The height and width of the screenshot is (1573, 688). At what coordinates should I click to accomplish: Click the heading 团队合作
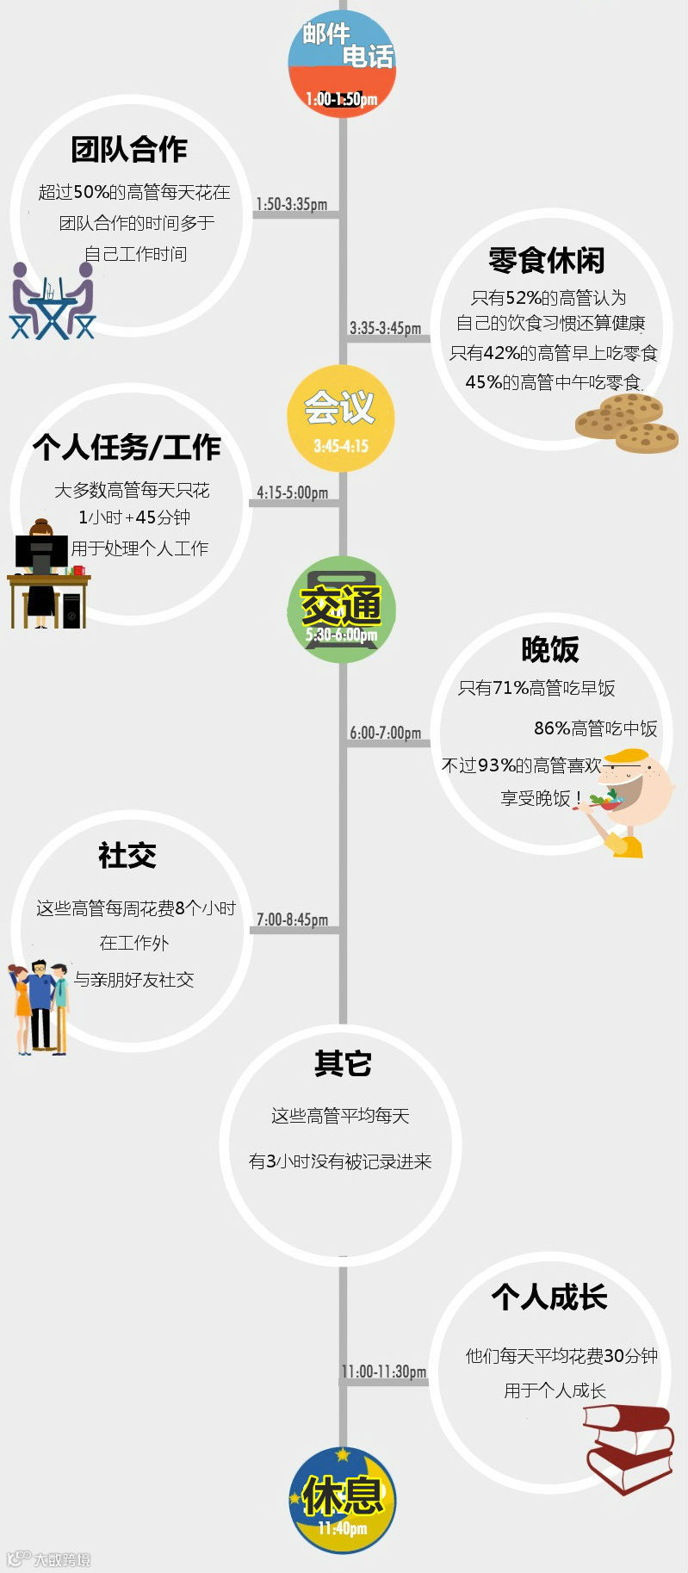pos(129,149)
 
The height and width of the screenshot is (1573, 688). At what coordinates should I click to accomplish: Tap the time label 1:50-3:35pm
pos(291,204)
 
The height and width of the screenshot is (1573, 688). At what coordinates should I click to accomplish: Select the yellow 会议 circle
pos(341,418)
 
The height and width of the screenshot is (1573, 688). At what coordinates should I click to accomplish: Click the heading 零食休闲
pos(547,260)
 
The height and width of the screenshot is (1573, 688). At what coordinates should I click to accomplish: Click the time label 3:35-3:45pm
pos(385,328)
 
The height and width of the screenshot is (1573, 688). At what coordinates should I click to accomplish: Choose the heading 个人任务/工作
pos(127,447)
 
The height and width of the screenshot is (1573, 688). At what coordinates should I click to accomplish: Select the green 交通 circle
pos(341,610)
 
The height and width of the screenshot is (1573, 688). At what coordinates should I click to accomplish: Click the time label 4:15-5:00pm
pos(292,492)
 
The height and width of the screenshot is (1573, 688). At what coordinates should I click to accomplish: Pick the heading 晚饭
pos(549,649)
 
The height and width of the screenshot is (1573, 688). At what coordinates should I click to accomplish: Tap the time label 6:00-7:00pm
pos(385,733)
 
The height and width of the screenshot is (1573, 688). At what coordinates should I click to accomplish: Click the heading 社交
pos(127,855)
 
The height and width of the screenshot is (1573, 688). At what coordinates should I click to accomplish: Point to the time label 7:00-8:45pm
pos(292,920)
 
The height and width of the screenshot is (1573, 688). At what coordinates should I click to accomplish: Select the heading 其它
pos(342,1063)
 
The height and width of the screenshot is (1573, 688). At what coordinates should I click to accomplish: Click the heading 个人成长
pos(549,1297)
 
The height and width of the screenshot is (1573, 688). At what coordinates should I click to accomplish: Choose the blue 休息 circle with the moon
pos(343,1501)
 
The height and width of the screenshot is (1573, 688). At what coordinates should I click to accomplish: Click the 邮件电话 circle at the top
pos(342,65)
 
